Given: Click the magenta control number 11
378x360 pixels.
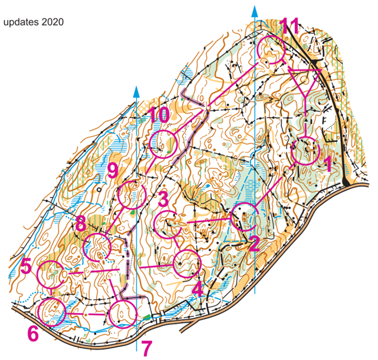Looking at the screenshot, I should [x=290, y=26].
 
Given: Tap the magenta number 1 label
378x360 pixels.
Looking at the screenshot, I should [x=328, y=166].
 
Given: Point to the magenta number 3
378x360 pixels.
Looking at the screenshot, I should [x=163, y=200].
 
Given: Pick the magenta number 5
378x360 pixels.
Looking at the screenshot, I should [x=26, y=266].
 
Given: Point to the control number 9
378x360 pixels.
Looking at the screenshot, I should [x=112, y=169].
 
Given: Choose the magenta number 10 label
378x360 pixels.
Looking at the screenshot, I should [x=158, y=115].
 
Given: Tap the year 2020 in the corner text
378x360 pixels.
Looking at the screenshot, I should [x=51, y=23].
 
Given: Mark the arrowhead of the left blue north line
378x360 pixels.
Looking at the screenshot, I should [x=136, y=91].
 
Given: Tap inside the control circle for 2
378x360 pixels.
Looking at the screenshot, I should [x=244, y=216].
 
